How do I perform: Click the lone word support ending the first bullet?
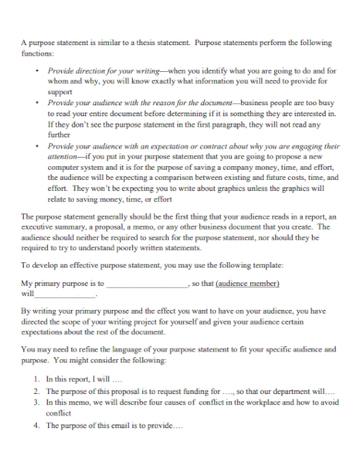[60, 92]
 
